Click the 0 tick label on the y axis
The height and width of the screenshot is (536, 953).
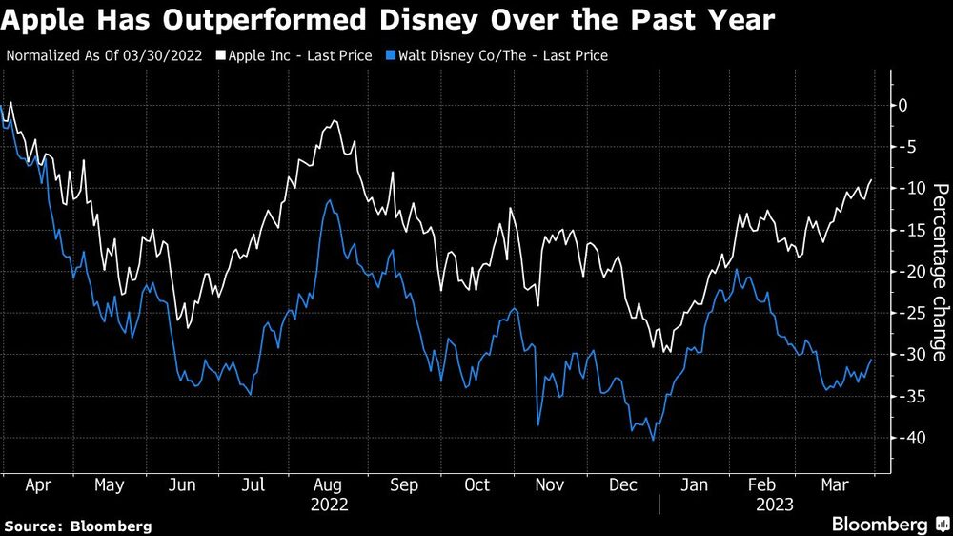click(x=904, y=105)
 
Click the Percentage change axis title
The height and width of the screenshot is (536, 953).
click(x=939, y=272)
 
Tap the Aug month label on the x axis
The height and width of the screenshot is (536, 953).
click(x=329, y=485)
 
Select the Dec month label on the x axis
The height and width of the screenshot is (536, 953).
click(x=623, y=485)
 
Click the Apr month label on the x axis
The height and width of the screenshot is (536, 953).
click(x=37, y=485)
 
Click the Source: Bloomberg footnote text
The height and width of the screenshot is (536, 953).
click(x=78, y=526)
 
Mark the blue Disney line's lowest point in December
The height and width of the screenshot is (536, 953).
click(x=653, y=440)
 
